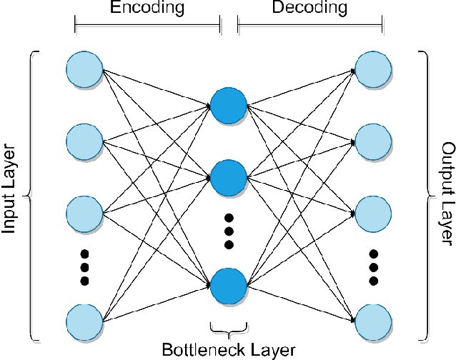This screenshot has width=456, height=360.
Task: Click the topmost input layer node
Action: click(x=84, y=69)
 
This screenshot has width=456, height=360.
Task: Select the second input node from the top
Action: click(x=84, y=141)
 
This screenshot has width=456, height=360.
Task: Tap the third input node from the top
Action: click(x=84, y=212)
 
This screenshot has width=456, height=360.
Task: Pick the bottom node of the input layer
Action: click(x=84, y=320)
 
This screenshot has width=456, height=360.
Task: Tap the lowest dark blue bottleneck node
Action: click(x=229, y=284)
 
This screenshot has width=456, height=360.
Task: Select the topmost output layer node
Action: click(x=373, y=69)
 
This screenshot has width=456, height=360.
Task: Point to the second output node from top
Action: click(x=373, y=141)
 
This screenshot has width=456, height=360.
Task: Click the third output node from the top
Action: click(x=373, y=212)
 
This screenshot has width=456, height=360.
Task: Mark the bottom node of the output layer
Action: click(x=373, y=320)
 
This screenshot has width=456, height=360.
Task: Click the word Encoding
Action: click(x=147, y=9)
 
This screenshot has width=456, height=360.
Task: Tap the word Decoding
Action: click(x=309, y=9)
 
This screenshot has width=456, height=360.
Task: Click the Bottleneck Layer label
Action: click(x=229, y=350)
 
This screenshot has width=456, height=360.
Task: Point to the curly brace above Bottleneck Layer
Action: click(x=229, y=329)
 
